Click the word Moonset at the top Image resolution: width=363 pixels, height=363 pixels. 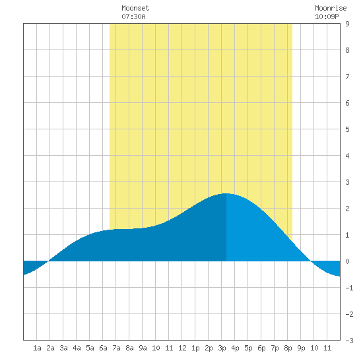click(135, 8)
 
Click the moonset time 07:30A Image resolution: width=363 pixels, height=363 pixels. click(133, 16)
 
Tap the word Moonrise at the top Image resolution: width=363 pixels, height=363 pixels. click(331, 8)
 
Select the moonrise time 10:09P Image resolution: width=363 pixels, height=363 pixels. click(327, 16)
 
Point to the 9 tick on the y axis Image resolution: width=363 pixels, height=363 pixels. click(347, 24)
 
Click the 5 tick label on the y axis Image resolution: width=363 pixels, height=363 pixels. click(347, 129)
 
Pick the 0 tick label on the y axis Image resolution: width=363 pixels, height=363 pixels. click(347, 261)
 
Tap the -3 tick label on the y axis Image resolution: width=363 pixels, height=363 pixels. click(349, 341)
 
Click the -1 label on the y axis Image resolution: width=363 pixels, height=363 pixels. click(349, 288)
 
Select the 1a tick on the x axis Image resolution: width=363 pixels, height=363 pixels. click(37, 348)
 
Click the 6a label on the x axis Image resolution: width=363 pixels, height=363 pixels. click(103, 348)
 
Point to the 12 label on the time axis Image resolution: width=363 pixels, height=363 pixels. click(182, 348)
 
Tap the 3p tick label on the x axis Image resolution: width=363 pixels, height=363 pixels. click(222, 348)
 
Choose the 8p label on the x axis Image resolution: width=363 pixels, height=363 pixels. click(288, 348)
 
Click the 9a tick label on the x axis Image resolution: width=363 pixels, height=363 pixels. click(143, 348)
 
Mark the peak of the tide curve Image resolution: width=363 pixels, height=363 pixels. click(226, 193)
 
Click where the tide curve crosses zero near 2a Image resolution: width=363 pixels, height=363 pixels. click(48, 261)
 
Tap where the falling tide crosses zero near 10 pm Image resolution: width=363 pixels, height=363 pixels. click(311, 261)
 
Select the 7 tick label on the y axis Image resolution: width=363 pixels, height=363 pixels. click(347, 77)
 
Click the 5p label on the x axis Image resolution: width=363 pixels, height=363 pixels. click(248, 348)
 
